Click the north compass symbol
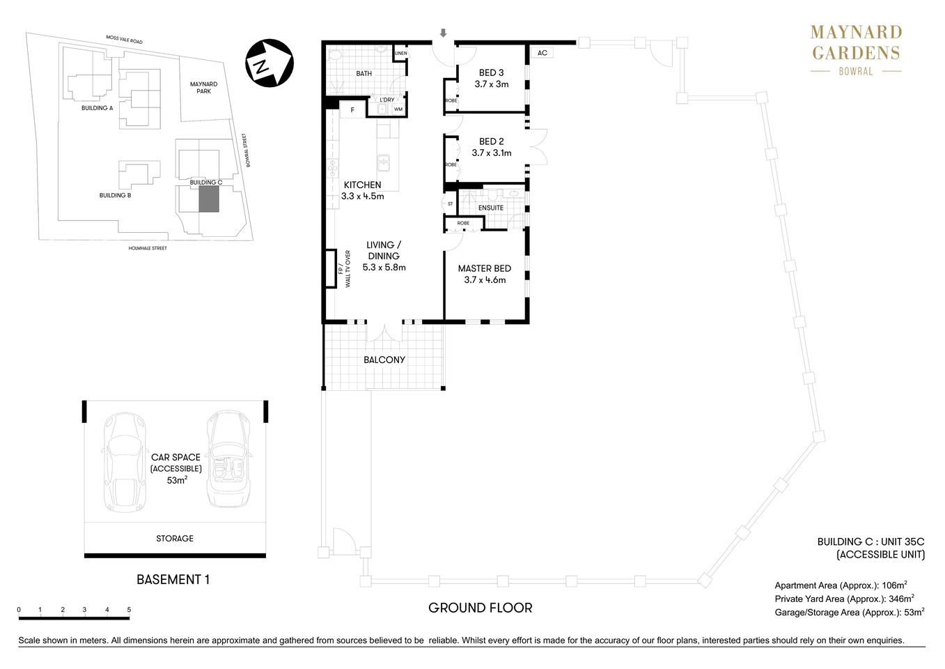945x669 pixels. (x=269, y=63)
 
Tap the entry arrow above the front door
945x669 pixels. (x=443, y=33)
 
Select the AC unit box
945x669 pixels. (x=542, y=53)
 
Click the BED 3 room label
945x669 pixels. (x=491, y=72)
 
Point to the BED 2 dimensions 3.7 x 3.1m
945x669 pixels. (x=491, y=153)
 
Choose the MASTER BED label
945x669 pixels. (x=484, y=268)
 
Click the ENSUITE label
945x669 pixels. (x=490, y=208)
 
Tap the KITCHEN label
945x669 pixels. (x=362, y=185)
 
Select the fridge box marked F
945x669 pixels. (x=352, y=110)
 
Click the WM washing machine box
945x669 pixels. (x=398, y=109)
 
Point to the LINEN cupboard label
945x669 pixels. (x=400, y=54)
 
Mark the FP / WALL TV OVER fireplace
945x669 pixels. (x=330, y=268)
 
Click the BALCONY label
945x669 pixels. (x=384, y=360)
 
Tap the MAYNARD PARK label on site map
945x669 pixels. (x=203, y=88)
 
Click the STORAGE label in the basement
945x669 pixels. (x=174, y=538)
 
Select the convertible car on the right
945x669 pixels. (x=229, y=460)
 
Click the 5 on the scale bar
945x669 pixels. (x=129, y=610)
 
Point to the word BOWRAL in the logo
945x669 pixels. (x=855, y=71)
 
